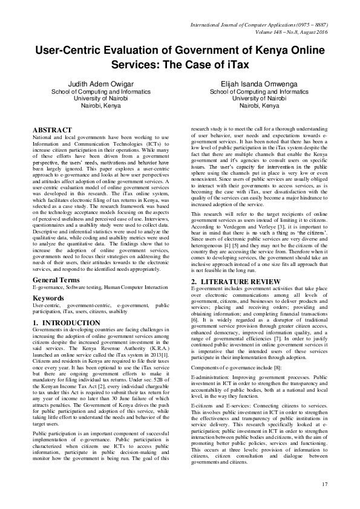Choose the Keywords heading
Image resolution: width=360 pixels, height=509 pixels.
49,298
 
